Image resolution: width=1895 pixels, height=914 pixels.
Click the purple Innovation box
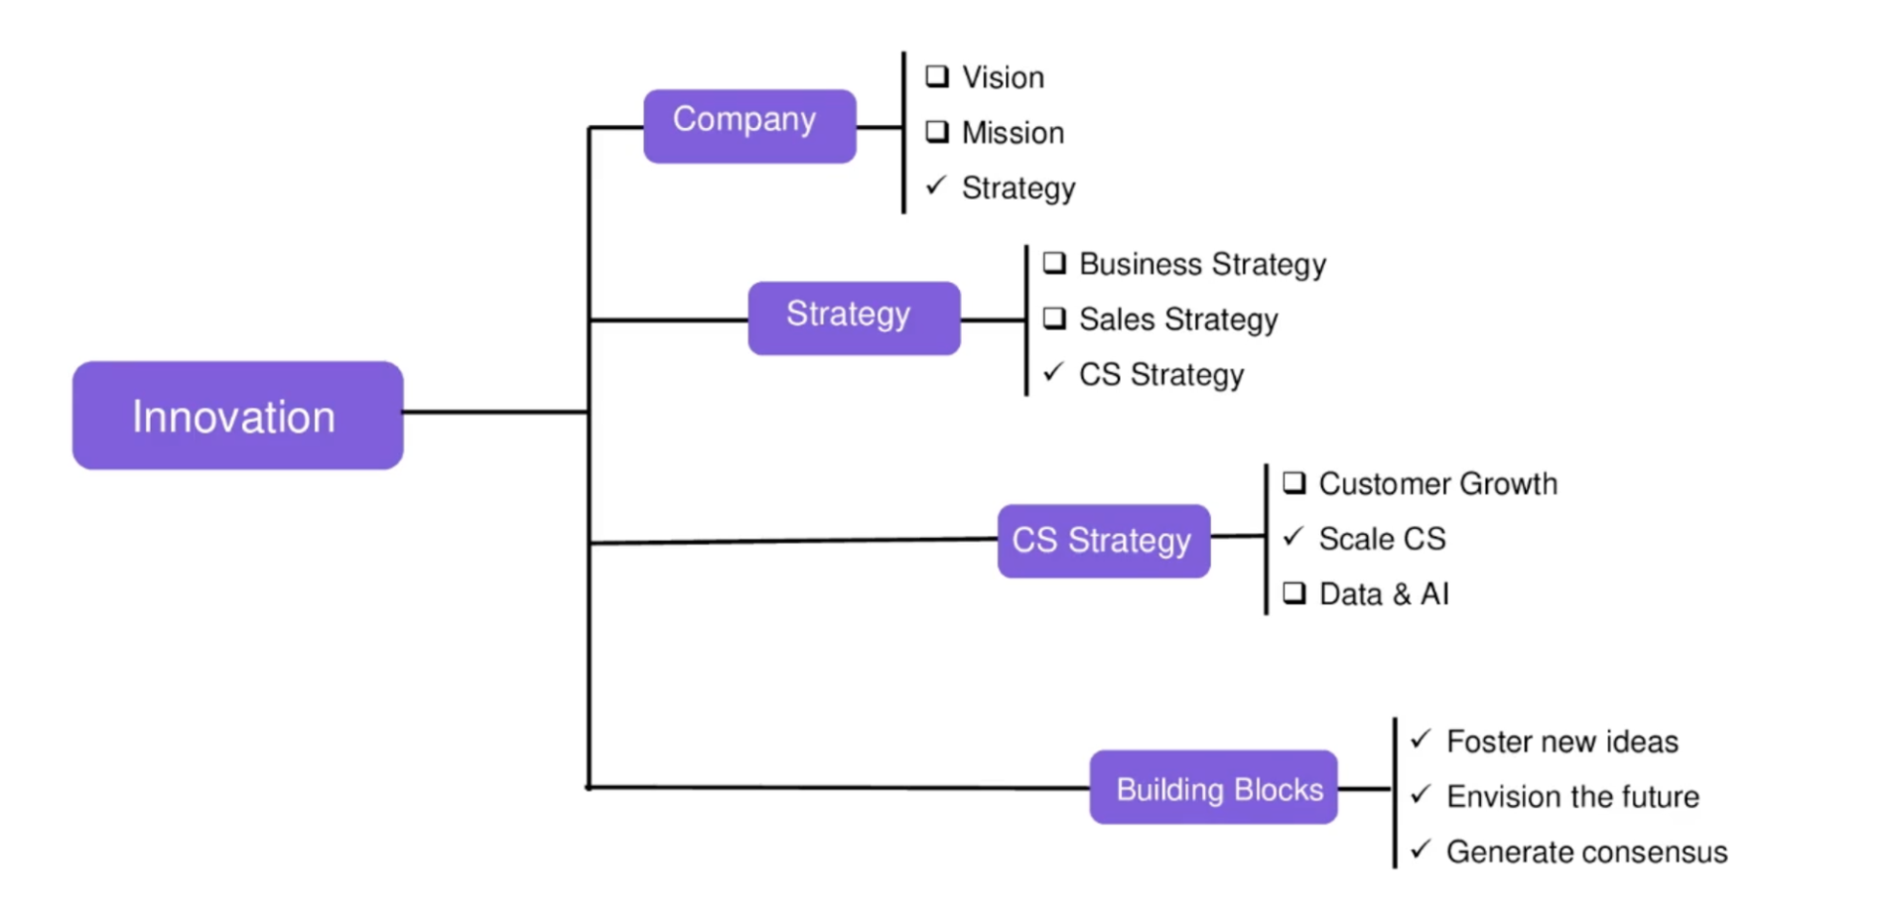click(237, 415)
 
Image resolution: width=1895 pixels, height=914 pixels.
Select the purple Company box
click(749, 125)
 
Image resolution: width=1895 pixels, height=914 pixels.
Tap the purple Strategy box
click(854, 318)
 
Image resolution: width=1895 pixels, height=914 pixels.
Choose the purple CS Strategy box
click(1103, 541)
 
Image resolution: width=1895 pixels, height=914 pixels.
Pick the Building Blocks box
click(1213, 787)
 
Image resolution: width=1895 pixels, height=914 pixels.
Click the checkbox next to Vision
click(936, 76)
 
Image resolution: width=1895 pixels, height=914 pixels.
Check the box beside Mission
click(936, 131)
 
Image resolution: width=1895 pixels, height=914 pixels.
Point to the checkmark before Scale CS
click(1292, 537)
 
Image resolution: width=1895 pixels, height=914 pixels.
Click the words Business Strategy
click(1202, 264)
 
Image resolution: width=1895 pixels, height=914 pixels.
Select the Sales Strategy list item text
click(1178, 320)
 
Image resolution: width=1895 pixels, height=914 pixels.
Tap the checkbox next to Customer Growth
click(1293, 482)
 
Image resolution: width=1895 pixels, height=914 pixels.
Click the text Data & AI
click(1384, 593)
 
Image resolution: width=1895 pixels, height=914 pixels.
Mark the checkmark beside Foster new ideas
click(1421, 739)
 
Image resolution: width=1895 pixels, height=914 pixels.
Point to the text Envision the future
click(1572, 796)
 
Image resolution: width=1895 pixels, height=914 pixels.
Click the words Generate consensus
click(1586, 851)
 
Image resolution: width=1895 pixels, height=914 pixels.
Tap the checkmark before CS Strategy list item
click(1053, 372)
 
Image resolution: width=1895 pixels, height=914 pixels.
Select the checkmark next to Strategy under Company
click(935, 186)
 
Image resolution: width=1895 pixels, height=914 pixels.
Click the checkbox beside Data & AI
click(1293, 592)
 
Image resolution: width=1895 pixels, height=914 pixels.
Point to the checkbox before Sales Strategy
click(1053, 318)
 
